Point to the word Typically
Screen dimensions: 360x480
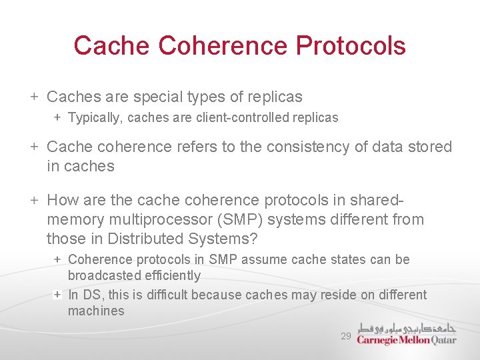[x=95, y=118]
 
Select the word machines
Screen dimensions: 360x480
[x=96, y=311]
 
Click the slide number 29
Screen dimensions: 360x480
[x=345, y=337]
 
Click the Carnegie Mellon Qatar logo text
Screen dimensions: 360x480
[x=406, y=340]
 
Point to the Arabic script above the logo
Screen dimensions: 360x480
[x=406, y=328]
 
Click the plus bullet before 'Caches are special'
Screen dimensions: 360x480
[x=34, y=97]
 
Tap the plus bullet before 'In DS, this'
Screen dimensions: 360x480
[x=58, y=295]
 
